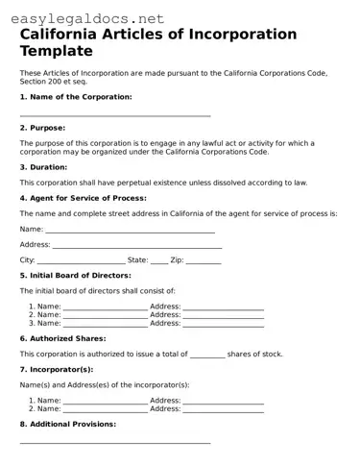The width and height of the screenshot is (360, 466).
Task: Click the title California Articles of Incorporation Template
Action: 158,42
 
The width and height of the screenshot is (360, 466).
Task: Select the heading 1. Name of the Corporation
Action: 76,97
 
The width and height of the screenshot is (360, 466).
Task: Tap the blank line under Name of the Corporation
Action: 115,115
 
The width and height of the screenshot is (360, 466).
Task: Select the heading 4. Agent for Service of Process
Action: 83,198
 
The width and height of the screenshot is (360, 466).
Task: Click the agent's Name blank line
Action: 130,231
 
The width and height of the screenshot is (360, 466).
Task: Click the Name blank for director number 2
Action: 105,315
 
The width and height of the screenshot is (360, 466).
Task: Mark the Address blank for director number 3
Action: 223,324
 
